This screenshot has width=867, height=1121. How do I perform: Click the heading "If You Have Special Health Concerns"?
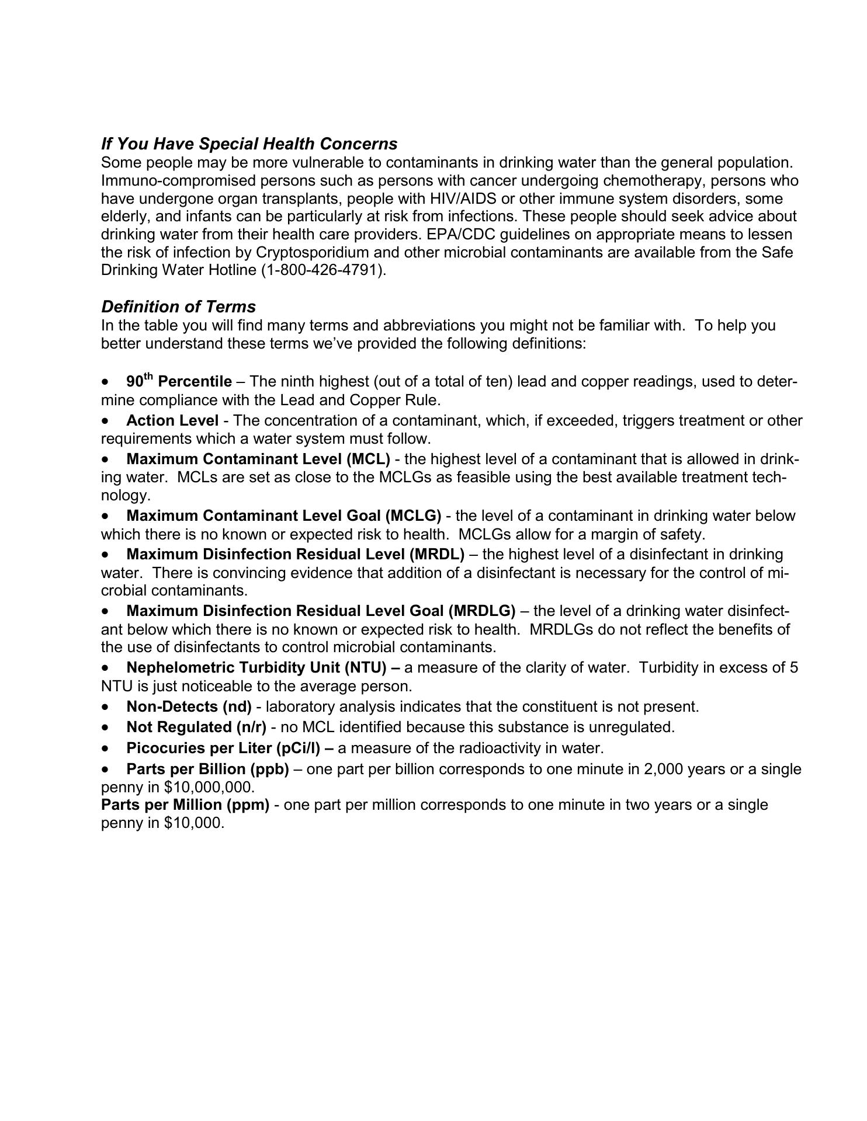click(249, 144)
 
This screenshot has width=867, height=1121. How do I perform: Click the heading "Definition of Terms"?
click(178, 307)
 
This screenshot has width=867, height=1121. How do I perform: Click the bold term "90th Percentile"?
click(179, 382)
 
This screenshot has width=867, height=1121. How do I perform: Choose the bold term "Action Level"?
click(172, 420)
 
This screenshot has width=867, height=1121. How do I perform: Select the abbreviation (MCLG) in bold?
click(413, 516)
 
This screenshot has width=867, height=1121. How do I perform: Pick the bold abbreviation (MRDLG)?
click(482, 611)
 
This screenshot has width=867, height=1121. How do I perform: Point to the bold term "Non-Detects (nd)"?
click(189, 707)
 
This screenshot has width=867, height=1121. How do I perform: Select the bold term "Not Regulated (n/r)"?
click(196, 727)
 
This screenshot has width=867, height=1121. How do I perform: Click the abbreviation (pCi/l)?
click(298, 749)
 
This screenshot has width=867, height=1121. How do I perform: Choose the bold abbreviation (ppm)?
click(249, 805)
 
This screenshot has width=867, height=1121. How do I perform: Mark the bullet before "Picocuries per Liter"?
click(105, 749)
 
